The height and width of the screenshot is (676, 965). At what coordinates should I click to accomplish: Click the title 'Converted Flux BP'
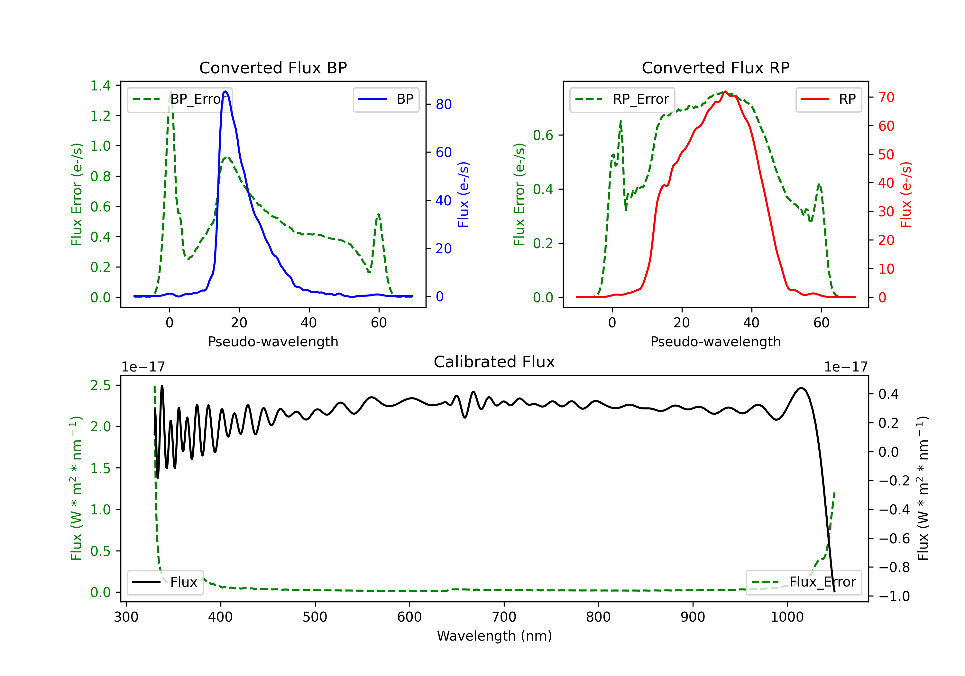pos(273,68)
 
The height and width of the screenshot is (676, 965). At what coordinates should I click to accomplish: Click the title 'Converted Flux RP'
pos(715,68)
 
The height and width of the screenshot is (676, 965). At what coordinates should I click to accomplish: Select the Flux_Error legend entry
pos(803,582)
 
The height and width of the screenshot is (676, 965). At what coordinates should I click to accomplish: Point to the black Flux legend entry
pos(165,582)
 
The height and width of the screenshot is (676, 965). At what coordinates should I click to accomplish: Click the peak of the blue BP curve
pos(225,91)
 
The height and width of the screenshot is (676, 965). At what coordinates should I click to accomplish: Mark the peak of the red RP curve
pos(725,91)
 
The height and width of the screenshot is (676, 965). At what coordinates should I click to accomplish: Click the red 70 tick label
pos(886,97)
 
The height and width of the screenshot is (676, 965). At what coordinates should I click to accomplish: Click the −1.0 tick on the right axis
pos(894,596)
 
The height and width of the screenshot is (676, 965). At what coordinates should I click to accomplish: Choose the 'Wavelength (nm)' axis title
pos(494,636)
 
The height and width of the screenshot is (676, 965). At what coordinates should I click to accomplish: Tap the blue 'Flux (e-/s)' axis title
pos(463,194)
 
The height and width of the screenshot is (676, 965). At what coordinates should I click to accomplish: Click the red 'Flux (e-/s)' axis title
pos(906,194)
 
